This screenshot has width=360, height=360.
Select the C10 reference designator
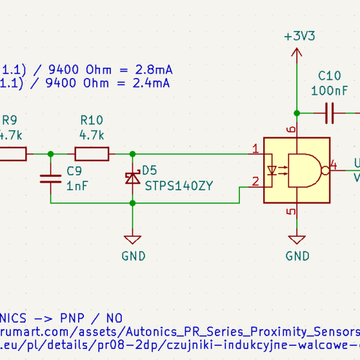pos(329,76)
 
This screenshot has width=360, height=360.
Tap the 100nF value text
pos(329,91)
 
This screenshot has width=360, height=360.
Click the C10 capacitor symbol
pos(329,113)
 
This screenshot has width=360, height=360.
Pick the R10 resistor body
pos(92,154)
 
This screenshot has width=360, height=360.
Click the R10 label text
pos(91,120)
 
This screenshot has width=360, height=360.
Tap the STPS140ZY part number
pos(179,186)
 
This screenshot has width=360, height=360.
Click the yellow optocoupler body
pos(296,170)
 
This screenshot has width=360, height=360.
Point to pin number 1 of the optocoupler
pos(256,149)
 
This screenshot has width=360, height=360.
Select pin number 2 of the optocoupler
pos(256,181)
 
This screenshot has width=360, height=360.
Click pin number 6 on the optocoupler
pos(291,130)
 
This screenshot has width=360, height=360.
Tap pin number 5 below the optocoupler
pos(291,211)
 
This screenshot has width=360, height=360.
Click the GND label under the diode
pos(133,256)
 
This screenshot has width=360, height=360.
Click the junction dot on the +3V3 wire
pos(296,113)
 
